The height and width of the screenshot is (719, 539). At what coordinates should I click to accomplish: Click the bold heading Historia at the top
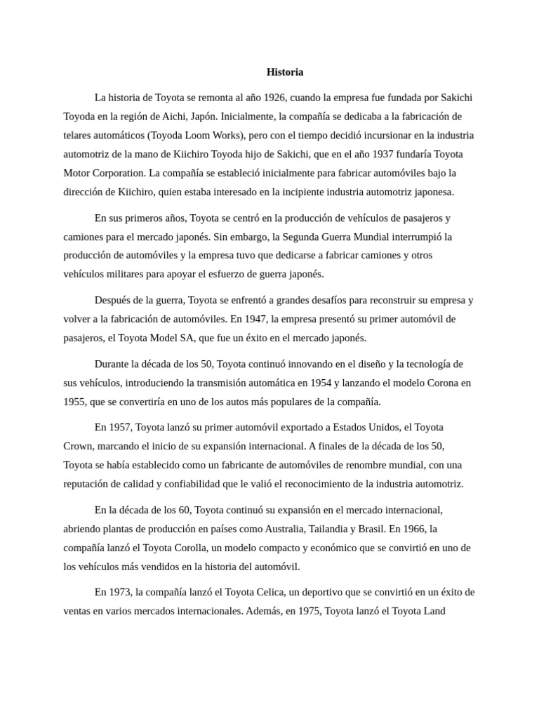[285, 72]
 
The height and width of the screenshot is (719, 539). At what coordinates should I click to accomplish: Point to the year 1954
[348, 383]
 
